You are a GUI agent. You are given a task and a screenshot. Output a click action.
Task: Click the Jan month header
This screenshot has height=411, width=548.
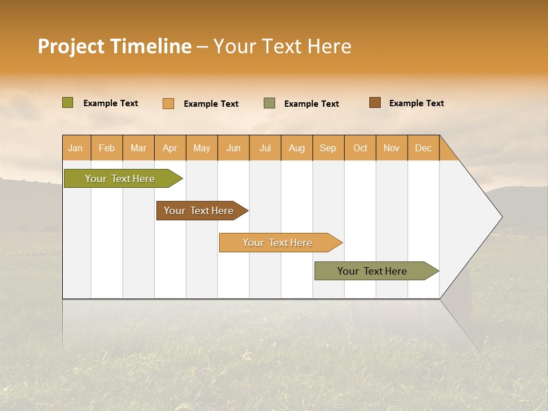coord(76,148)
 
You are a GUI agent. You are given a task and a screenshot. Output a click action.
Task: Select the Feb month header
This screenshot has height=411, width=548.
coord(107,148)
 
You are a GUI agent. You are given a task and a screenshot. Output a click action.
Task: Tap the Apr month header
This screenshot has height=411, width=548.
coord(170,148)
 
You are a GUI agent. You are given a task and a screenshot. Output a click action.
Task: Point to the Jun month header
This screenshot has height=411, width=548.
coord(233,148)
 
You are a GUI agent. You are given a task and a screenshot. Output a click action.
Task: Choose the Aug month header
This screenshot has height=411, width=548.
coord(297,148)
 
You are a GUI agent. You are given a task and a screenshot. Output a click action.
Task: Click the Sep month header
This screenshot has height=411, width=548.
coord(328,148)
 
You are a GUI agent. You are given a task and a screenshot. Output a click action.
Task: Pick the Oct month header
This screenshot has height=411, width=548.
coord(360,148)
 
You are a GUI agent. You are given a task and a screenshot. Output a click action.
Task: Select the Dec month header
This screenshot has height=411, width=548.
coord(423,148)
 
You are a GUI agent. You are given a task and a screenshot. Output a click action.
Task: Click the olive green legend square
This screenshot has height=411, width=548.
coord(68,103)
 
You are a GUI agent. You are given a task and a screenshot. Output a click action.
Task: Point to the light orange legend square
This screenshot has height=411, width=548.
coord(168,103)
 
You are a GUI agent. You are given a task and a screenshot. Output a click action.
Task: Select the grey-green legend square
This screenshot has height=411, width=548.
coord(269,103)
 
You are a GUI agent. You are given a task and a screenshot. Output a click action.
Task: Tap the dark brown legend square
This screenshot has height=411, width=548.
coord(374,103)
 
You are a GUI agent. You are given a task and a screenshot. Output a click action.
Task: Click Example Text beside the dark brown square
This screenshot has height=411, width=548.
coord(416,103)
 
